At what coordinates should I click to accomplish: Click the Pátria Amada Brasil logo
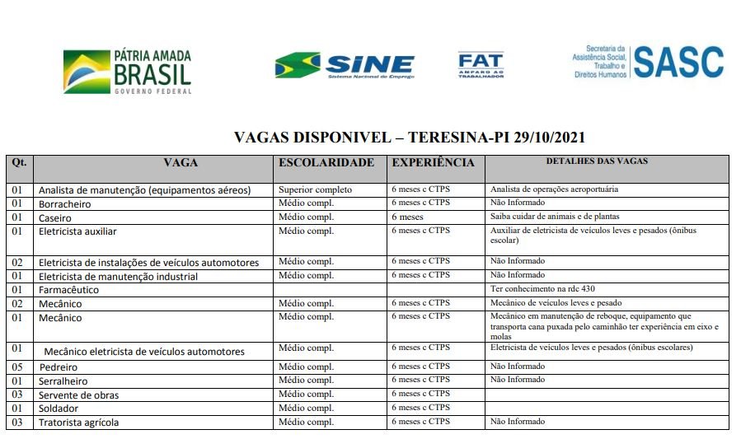(128, 72)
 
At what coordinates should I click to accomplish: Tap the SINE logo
(345, 65)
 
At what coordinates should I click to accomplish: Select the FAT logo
(481, 65)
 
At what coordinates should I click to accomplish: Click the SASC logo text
(678, 63)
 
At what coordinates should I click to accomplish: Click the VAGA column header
(181, 162)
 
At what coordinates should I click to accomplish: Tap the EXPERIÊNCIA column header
(433, 162)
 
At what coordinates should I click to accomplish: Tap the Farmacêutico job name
(68, 290)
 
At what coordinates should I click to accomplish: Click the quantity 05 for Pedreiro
(17, 367)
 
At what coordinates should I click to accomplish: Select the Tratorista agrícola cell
(78, 423)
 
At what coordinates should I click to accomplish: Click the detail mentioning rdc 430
(542, 289)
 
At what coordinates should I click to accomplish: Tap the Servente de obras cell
(78, 395)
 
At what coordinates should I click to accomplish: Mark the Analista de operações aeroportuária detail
(554, 189)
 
